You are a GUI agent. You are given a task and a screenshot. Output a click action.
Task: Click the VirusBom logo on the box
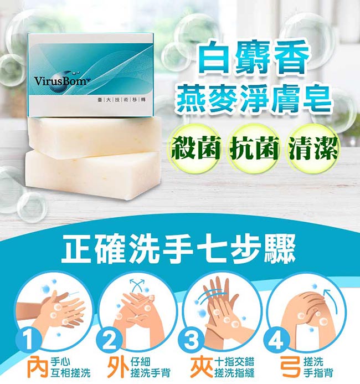click(61, 79)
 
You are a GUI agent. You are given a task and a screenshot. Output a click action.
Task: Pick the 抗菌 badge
click(253, 148)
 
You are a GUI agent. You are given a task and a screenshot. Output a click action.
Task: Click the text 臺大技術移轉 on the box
click(122, 100)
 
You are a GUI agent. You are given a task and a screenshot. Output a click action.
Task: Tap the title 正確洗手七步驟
click(178, 250)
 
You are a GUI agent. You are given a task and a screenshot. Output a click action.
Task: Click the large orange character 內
click(38, 367)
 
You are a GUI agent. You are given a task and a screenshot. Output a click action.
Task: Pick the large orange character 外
click(119, 367)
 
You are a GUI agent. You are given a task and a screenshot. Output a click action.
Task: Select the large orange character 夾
click(202, 367)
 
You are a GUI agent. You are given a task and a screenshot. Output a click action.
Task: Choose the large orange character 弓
click(291, 367)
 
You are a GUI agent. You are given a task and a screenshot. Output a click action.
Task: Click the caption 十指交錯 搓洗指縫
click(234, 367)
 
